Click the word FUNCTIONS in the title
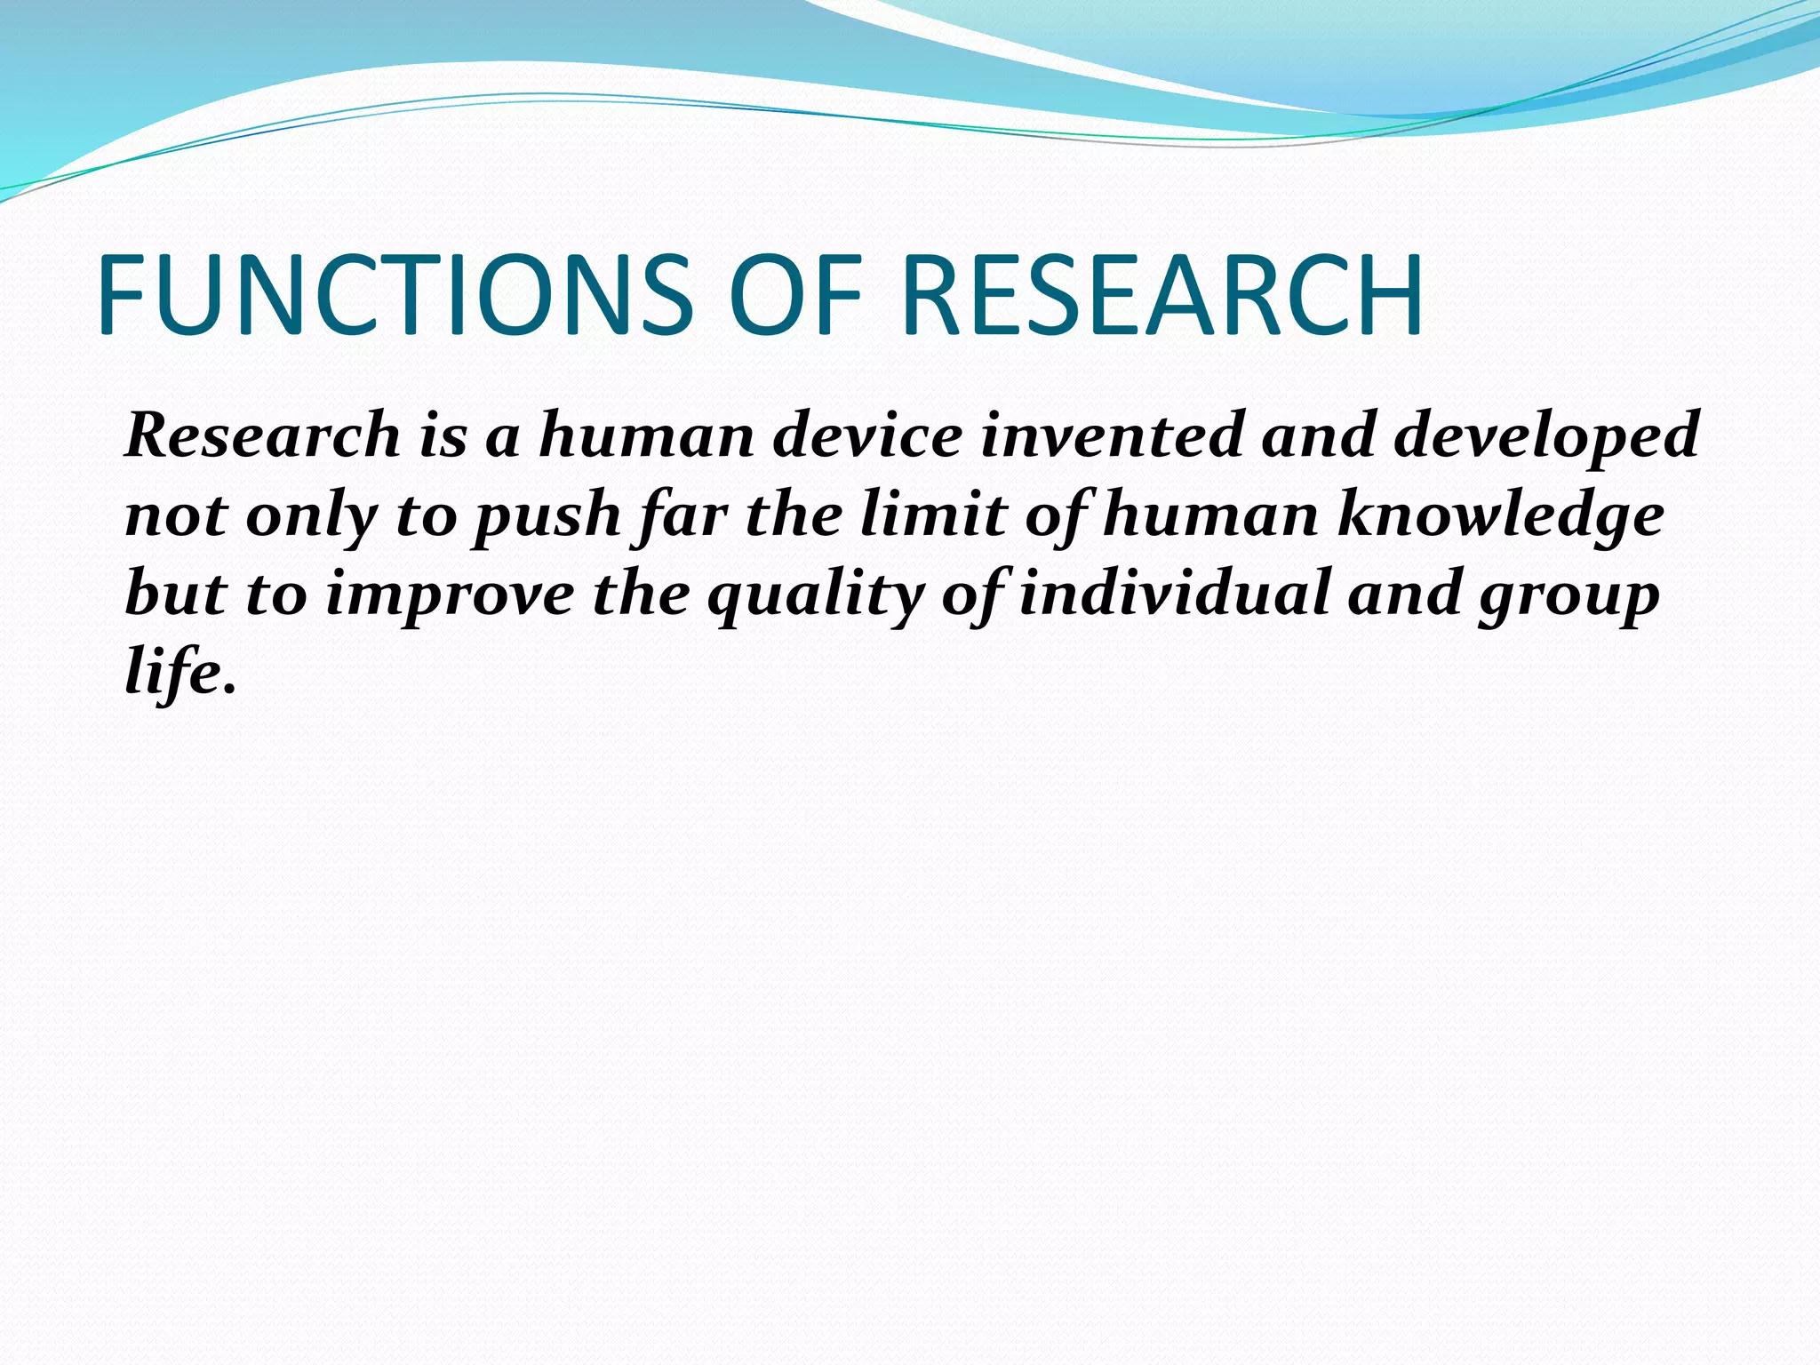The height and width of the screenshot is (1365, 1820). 394,296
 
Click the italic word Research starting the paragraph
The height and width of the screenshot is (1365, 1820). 263,435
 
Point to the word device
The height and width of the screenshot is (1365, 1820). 867,435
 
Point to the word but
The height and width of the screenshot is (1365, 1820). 175,594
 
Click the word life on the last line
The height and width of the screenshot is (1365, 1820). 175,672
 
